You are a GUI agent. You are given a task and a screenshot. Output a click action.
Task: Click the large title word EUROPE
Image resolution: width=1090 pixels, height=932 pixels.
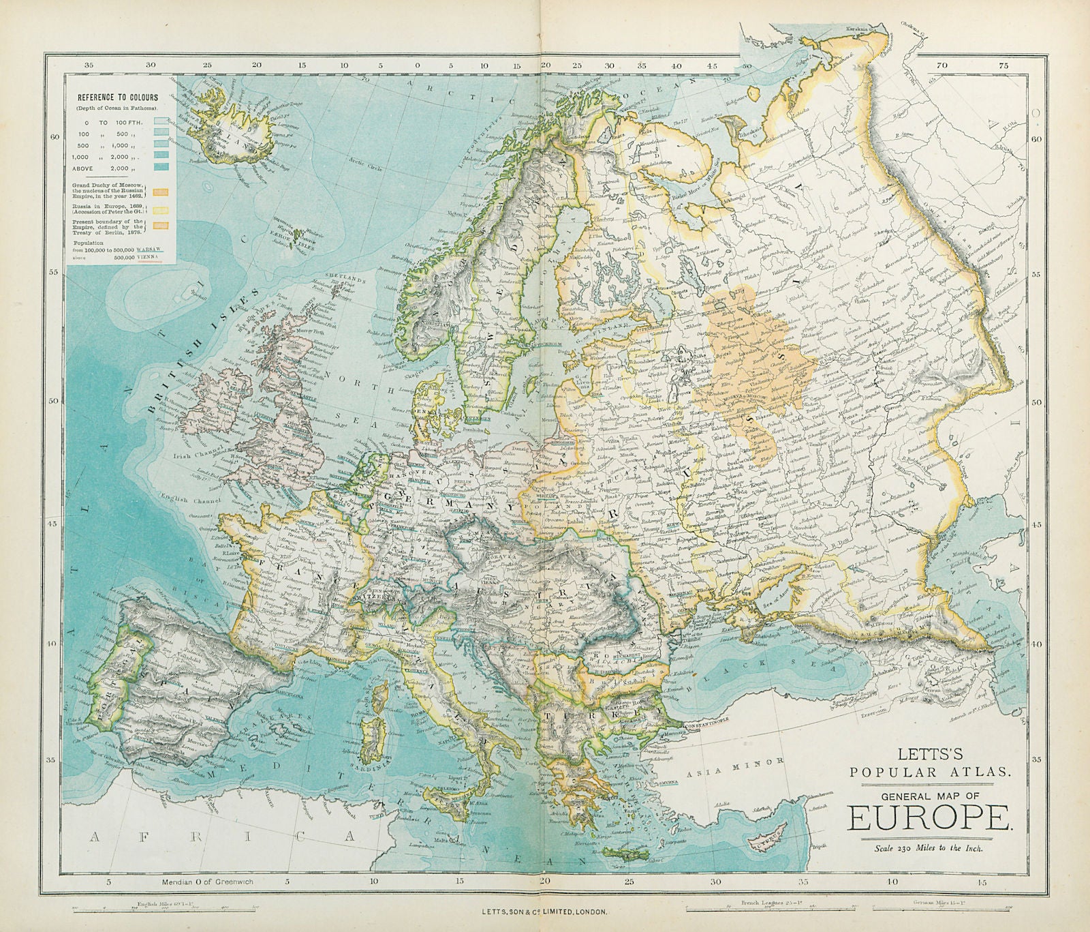coord(931,817)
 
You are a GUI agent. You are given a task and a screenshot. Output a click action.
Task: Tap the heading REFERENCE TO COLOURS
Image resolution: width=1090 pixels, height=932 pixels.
coord(117,97)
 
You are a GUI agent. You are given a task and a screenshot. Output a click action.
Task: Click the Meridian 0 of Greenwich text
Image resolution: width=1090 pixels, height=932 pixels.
coord(208,882)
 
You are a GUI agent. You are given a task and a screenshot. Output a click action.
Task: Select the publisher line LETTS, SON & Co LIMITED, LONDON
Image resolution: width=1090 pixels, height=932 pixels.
coord(545,912)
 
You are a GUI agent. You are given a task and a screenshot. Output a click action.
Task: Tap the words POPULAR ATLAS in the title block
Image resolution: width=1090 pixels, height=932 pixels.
coord(931,771)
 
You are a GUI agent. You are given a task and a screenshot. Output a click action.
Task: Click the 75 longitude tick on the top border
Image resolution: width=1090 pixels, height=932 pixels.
coord(1002,66)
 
